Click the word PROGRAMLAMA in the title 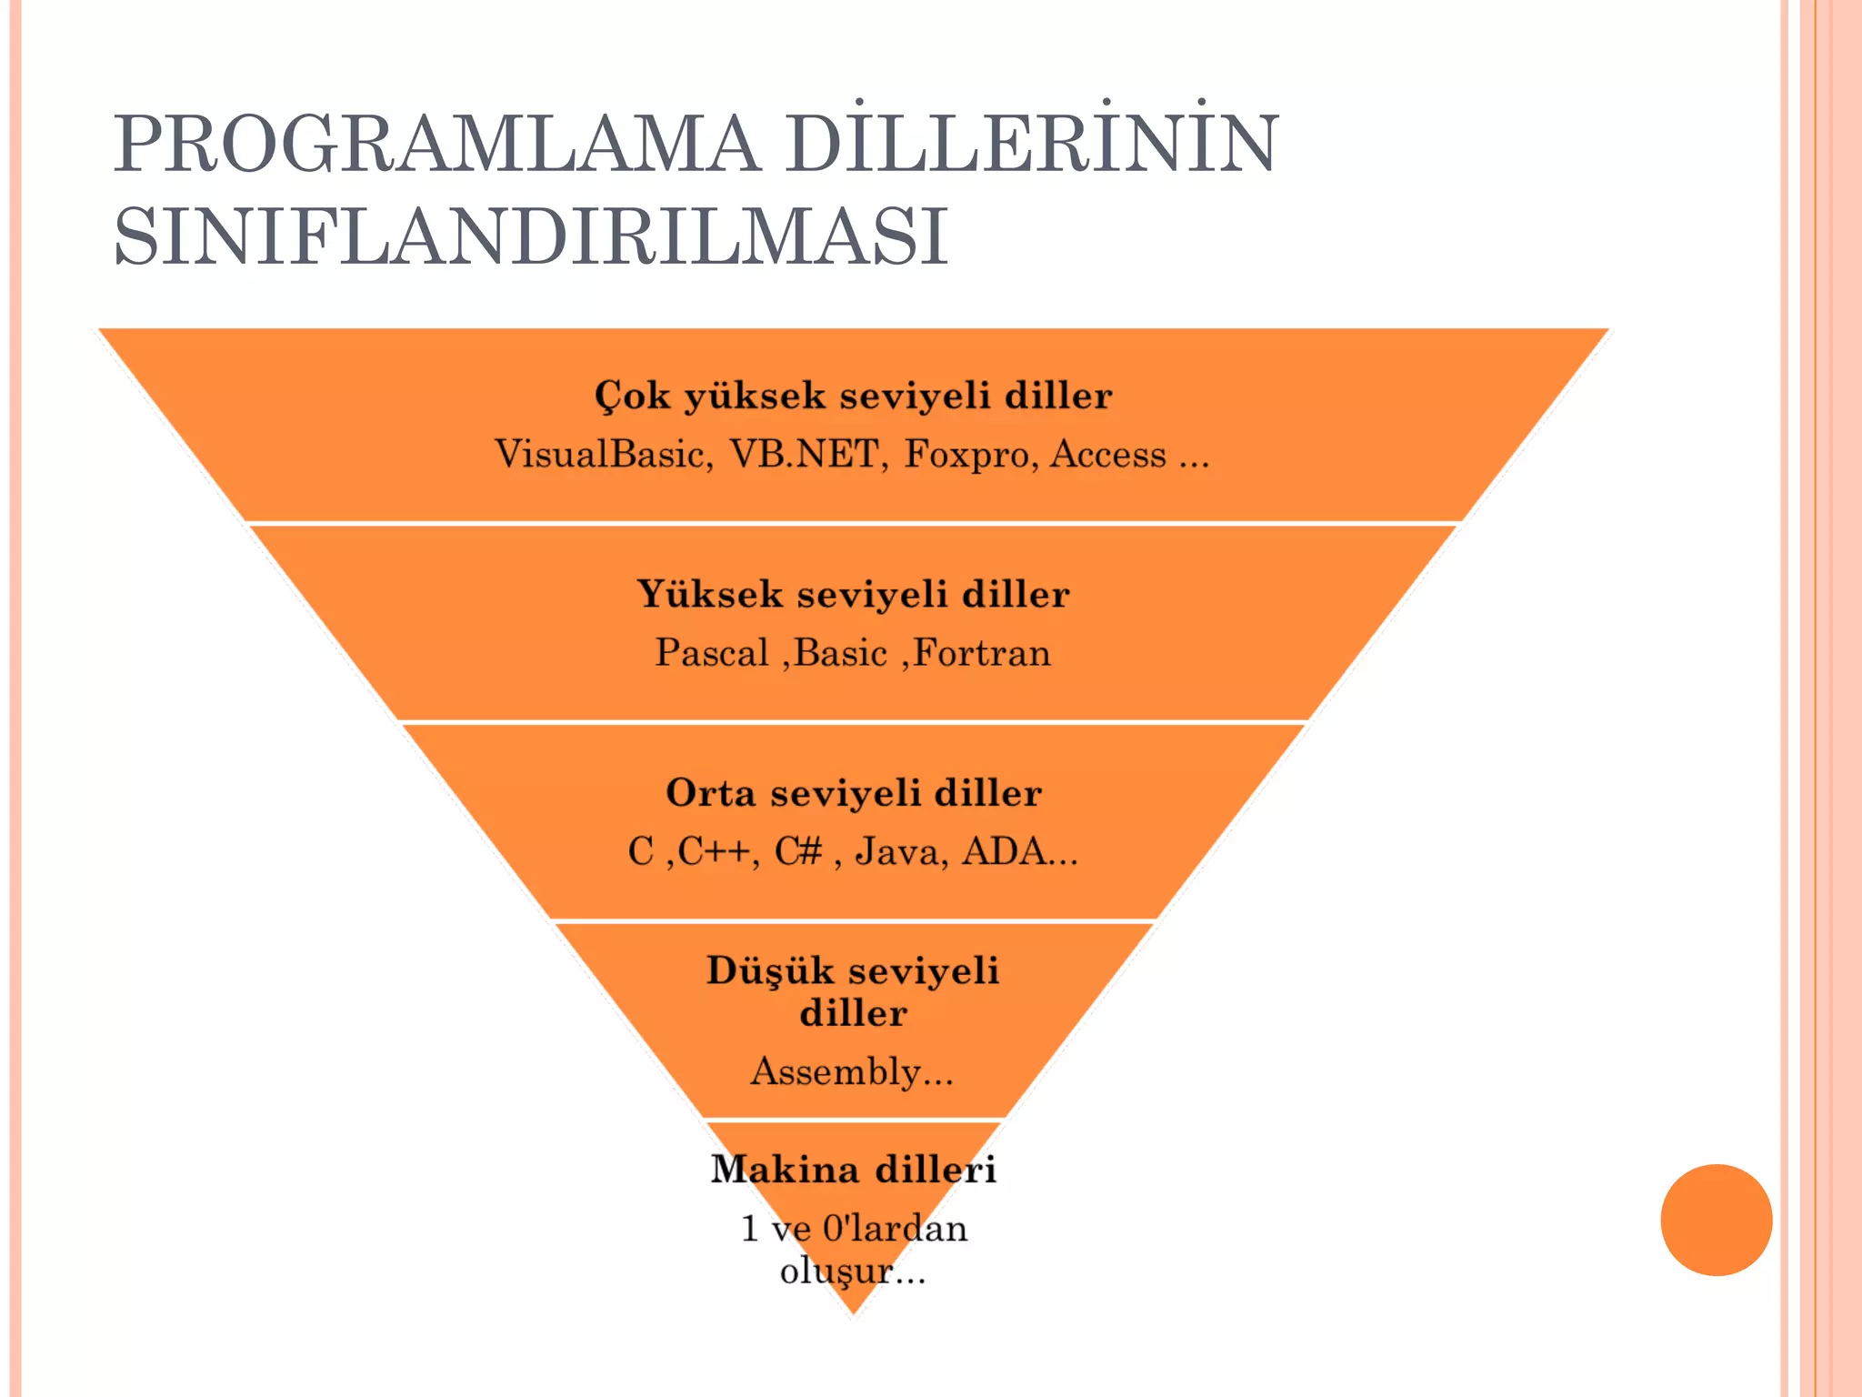pos(435,144)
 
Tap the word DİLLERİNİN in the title pos(1033,144)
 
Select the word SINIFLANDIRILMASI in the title pos(531,237)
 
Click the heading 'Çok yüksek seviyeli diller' pos(853,397)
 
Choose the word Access pos(1108,454)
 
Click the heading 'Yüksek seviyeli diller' pos(853,595)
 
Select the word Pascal pos(712,653)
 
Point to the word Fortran pos(982,653)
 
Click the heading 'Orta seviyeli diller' pos(853,793)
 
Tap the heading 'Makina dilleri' pos(853,1170)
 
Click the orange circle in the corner pos(1716,1220)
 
